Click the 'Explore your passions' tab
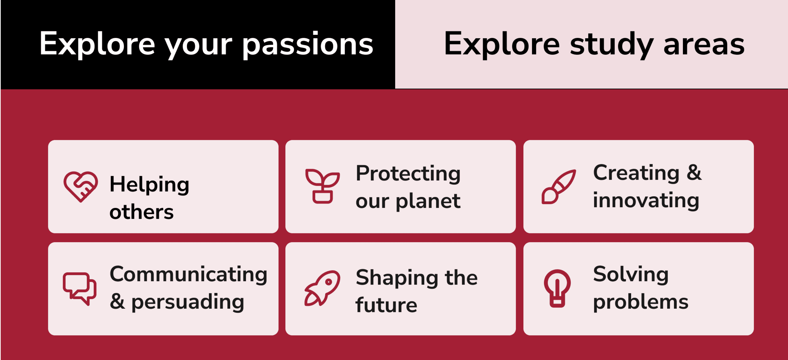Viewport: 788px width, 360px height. (198, 44)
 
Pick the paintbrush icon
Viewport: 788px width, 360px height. (559, 187)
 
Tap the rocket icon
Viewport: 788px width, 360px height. (322, 288)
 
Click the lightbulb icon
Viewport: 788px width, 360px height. (557, 288)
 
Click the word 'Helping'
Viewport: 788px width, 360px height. (149, 185)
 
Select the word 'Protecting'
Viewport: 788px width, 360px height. (408, 174)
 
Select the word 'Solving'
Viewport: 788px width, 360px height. (631, 274)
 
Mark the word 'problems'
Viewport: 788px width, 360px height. (641, 302)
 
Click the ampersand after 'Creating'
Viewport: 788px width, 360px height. (694, 173)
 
